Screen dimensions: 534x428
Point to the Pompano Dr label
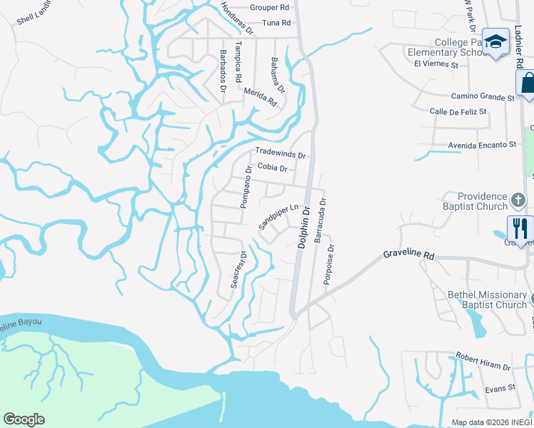pos(246,186)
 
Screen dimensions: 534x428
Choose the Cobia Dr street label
pos(272,168)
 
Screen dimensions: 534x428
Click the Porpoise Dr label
pos(329,263)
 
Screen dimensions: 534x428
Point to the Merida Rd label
pos(260,96)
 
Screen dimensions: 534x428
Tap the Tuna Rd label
pos(276,24)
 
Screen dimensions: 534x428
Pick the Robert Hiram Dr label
pos(484,361)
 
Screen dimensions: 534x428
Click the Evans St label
pos(500,388)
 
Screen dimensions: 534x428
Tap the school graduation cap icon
pos(494,41)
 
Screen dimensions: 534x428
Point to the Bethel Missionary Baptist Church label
pos(487,300)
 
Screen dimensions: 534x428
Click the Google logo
pos(24,419)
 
